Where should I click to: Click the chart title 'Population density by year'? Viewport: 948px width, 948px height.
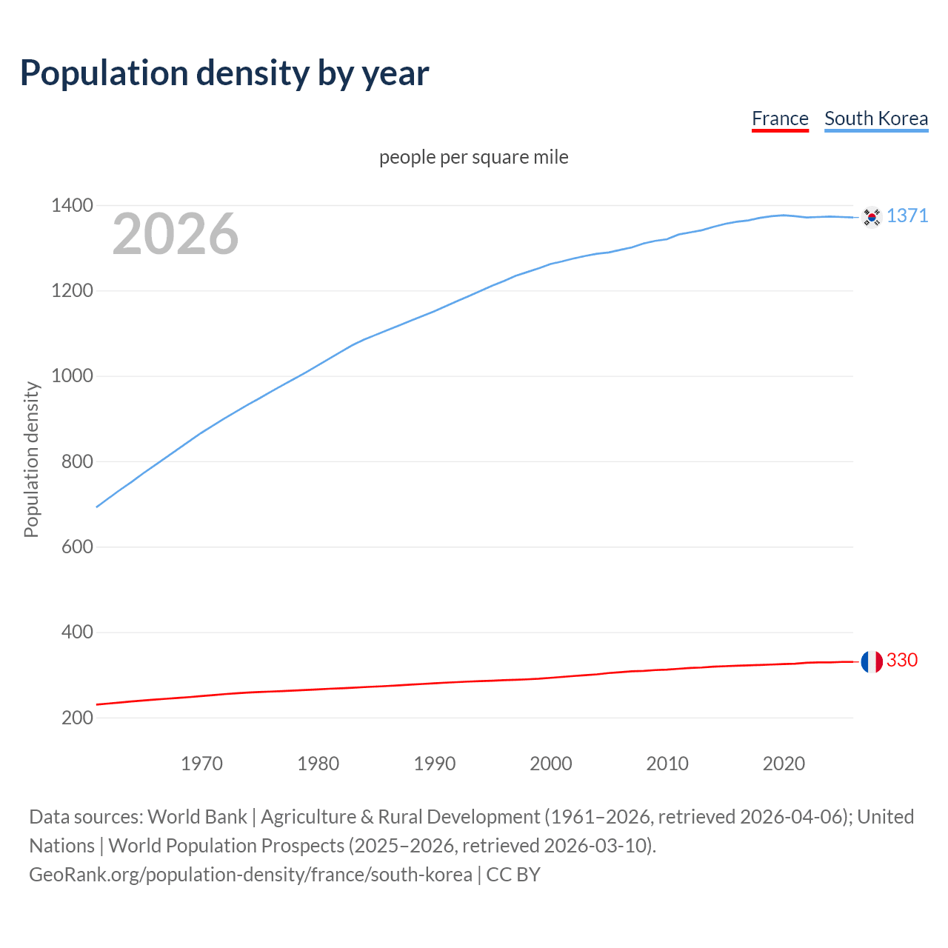coord(224,73)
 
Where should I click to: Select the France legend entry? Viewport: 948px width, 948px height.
coord(780,118)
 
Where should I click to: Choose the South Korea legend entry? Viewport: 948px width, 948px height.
coord(875,118)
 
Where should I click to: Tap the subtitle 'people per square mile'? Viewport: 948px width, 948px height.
coord(473,157)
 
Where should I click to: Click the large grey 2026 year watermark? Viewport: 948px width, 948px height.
coord(176,234)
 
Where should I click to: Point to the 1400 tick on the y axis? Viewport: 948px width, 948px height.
coord(72,205)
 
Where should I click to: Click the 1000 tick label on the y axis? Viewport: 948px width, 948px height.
coord(72,376)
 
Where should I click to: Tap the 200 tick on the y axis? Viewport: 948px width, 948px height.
coord(76,718)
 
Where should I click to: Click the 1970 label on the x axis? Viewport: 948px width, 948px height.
coord(201,764)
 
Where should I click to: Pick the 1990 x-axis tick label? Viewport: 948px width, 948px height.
coord(435,764)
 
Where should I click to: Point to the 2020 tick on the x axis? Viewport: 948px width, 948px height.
coord(784,764)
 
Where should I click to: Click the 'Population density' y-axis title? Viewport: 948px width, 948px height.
coord(31,459)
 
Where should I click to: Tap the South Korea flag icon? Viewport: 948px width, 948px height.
coord(872,217)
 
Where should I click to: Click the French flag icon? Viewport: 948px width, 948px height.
coord(872,661)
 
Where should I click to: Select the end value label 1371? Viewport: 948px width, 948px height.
coord(907,216)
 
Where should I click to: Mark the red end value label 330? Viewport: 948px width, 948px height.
coord(902,660)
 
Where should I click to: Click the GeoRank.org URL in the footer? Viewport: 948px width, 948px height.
coord(250,875)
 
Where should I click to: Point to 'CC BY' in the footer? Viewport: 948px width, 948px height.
coord(513,875)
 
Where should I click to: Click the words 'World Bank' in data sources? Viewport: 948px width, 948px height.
coord(197,817)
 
